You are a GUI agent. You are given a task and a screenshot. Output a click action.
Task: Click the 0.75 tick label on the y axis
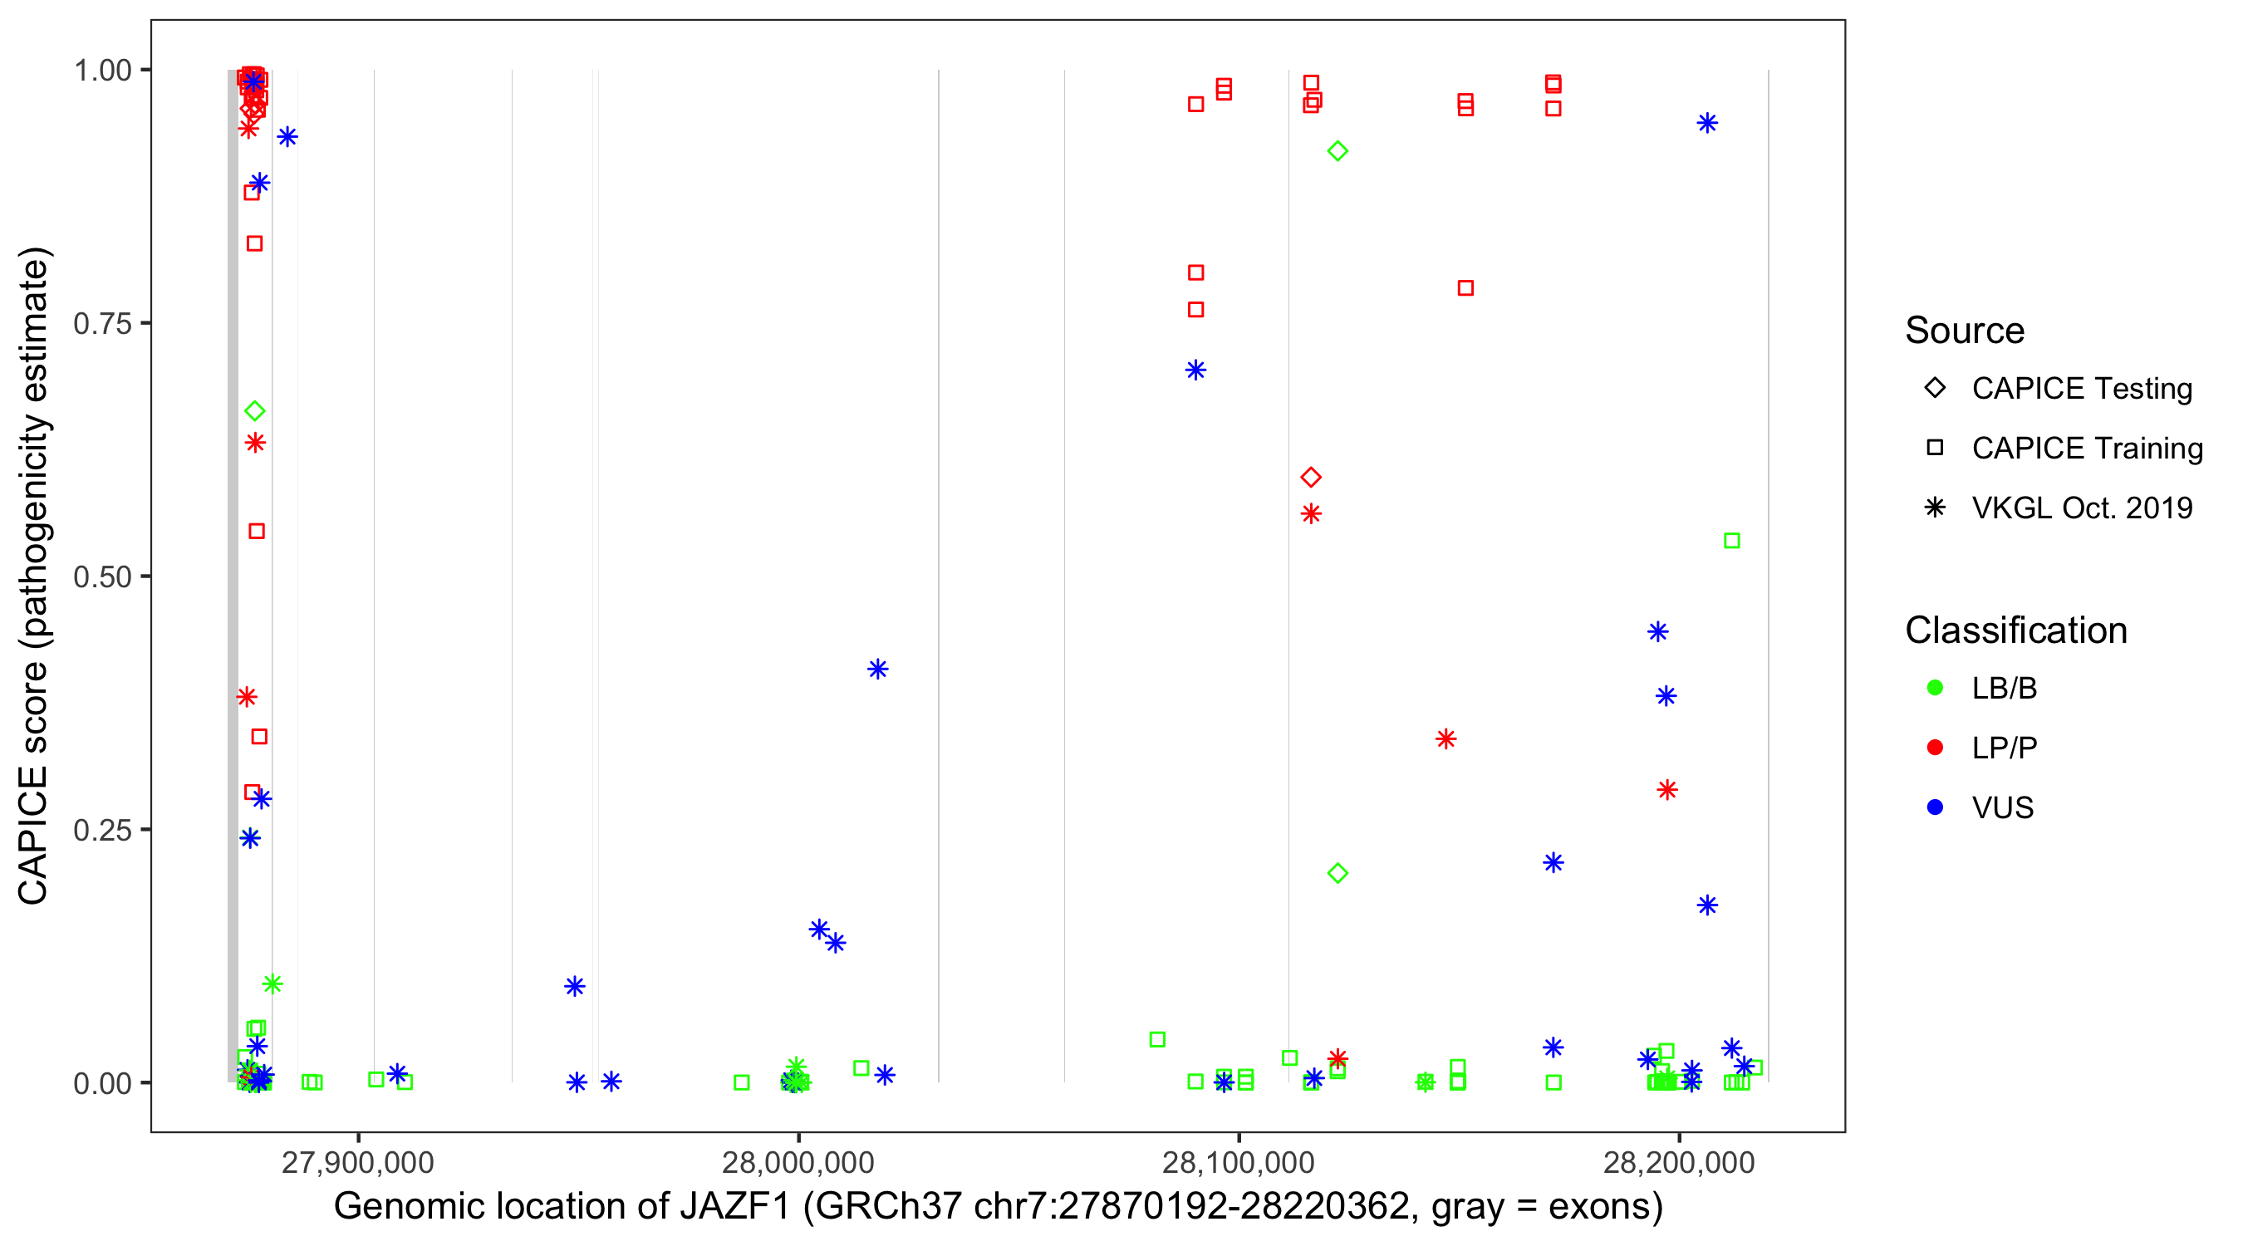[x=101, y=324]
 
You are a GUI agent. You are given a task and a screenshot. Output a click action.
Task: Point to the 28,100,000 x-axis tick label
[x=1238, y=1162]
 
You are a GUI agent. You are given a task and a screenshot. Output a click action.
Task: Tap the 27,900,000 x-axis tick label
[x=357, y=1162]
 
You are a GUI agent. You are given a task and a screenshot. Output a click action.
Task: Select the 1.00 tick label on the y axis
[x=101, y=71]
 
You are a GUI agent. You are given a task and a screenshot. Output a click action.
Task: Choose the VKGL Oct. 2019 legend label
[x=2082, y=508]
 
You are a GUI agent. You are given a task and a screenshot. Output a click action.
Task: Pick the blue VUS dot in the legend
[x=1935, y=807]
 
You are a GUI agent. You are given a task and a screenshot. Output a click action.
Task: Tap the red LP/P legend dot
[x=1935, y=748]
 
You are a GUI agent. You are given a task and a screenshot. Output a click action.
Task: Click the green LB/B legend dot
[x=1935, y=688]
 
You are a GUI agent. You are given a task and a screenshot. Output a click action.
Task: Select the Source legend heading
[x=1965, y=331]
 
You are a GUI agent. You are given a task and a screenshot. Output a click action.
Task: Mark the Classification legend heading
[x=2015, y=630]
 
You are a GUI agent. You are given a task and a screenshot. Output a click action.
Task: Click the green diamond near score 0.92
[x=1337, y=151]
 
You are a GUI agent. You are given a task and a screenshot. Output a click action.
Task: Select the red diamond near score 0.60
[x=1310, y=477]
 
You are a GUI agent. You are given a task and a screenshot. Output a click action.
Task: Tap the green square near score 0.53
[x=1732, y=541]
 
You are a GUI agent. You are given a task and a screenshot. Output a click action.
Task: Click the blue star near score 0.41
[x=878, y=669]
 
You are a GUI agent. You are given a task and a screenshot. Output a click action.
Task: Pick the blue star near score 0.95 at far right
[x=1707, y=123]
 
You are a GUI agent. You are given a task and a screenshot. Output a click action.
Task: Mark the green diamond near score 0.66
[x=254, y=411]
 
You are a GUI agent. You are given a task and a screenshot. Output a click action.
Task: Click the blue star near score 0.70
[x=1195, y=370]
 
